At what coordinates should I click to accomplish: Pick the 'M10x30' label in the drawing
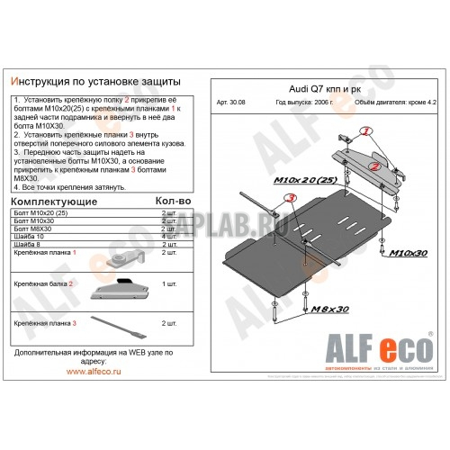[409, 255]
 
